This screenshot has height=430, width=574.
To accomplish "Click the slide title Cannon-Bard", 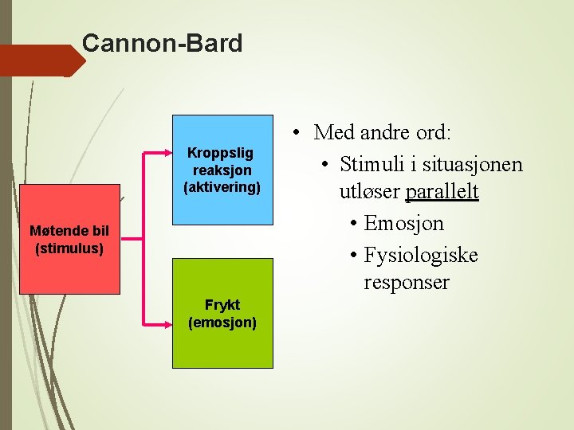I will pyautogui.click(x=162, y=43).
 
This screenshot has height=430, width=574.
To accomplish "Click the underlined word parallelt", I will pyautogui.click(x=442, y=193).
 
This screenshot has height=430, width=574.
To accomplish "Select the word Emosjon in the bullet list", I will pyautogui.click(x=403, y=224).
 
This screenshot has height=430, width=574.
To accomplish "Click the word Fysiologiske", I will pyautogui.click(x=421, y=255).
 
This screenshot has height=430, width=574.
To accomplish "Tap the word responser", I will pyautogui.click(x=407, y=283).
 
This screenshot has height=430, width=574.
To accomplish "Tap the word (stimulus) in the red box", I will pyautogui.click(x=69, y=248).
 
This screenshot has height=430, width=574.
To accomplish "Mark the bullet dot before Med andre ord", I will pyautogui.click(x=295, y=131).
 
